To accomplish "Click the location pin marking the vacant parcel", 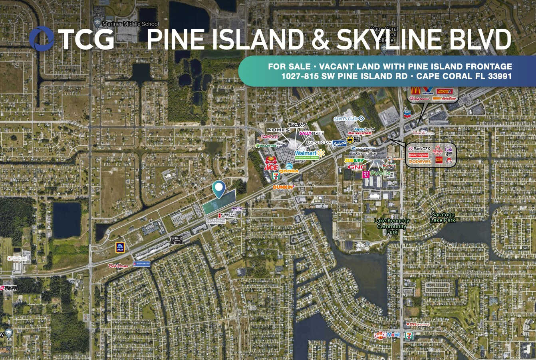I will [219, 189].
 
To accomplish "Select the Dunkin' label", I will [284, 187].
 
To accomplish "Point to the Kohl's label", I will [278, 130].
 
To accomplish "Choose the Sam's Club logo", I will [349, 119].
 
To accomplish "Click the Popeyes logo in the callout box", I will [420, 162].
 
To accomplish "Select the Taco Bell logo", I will [448, 150].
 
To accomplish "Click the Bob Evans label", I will [118, 265].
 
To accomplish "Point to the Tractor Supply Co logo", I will [9, 288].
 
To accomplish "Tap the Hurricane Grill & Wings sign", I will [227, 215].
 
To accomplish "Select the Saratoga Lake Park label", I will [443, 217].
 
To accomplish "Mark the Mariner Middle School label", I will [131, 24].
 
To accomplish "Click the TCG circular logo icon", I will [42, 39].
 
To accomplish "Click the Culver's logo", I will [339, 143].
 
